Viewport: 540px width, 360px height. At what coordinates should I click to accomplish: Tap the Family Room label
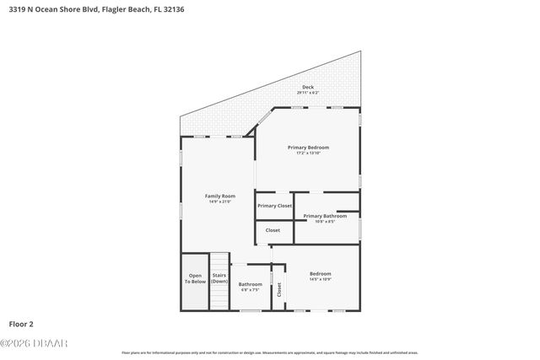pos(219,196)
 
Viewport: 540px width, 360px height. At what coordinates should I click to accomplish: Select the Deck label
pos(308,87)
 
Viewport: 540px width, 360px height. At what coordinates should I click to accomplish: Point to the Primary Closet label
pos(274,206)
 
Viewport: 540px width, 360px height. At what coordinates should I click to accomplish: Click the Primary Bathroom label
pos(325,216)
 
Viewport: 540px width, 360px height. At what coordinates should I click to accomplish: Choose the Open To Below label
pos(195,279)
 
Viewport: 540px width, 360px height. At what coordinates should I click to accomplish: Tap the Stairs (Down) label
pos(219,277)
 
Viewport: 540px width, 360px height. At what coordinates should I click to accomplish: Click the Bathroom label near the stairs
pos(250,284)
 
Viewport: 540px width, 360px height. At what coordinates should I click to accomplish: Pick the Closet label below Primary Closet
pos(273,230)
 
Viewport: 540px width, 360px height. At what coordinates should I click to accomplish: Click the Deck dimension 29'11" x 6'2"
pos(308,92)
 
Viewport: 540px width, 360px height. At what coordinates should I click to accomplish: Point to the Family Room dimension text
pos(219,201)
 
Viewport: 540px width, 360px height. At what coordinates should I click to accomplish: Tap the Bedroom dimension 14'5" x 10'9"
pos(320,279)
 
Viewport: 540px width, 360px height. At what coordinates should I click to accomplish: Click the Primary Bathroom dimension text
pos(325,222)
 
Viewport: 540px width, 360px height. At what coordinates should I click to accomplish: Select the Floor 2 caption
pos(21,323)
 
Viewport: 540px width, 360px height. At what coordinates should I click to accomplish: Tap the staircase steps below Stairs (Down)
pos(219,297)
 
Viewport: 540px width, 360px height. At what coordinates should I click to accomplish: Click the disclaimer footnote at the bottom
pos(269,352)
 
